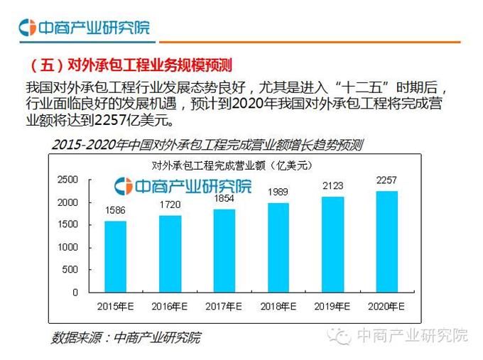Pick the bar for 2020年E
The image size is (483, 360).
[x=386, y=241]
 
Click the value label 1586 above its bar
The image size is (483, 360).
[x=115, y=210]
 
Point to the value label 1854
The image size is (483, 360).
[x=224, y=199]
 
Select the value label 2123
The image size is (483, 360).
[x=332, y=186]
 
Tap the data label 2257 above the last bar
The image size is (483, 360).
[x=386, y=180]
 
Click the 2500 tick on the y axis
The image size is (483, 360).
[x=68, y=180]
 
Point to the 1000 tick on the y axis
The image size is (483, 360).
[x=68, y=247]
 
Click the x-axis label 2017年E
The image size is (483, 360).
[x=224, y=306]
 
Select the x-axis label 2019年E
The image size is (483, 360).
[x=332, y=306]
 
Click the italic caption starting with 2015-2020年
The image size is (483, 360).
[x=207, y=145]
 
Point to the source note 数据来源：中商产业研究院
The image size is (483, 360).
[x=126, y=337]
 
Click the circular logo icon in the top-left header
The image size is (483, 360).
[x=28, y=28]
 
